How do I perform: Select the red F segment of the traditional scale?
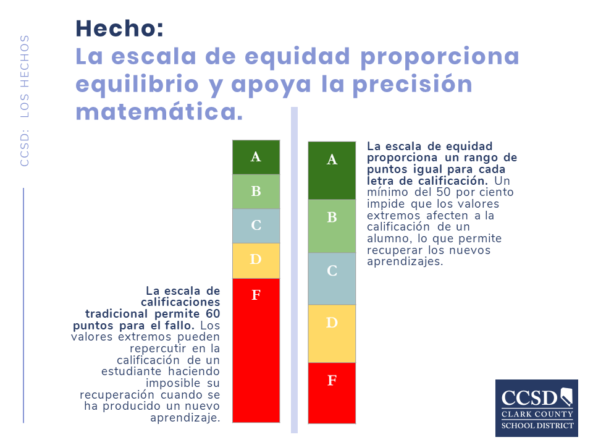(256, 350)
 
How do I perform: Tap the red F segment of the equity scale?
(332, 393)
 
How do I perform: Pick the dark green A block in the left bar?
(256, 157)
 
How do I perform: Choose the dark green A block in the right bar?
(332, 171)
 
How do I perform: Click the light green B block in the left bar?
(256, 192)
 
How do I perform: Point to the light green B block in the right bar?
(332, 226)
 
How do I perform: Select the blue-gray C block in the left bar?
(256, 226)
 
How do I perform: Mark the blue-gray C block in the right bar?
(332, 279)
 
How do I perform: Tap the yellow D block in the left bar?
(256, 261)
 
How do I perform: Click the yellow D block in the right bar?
(332, 333)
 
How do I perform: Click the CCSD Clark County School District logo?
(537, 408)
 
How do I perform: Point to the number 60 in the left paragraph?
(213, 314)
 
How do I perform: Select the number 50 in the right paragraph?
(444, 192)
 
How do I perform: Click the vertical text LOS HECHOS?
(25, 76)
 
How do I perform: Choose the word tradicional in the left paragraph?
(117, 314)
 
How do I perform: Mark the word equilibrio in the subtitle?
(137, 85)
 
